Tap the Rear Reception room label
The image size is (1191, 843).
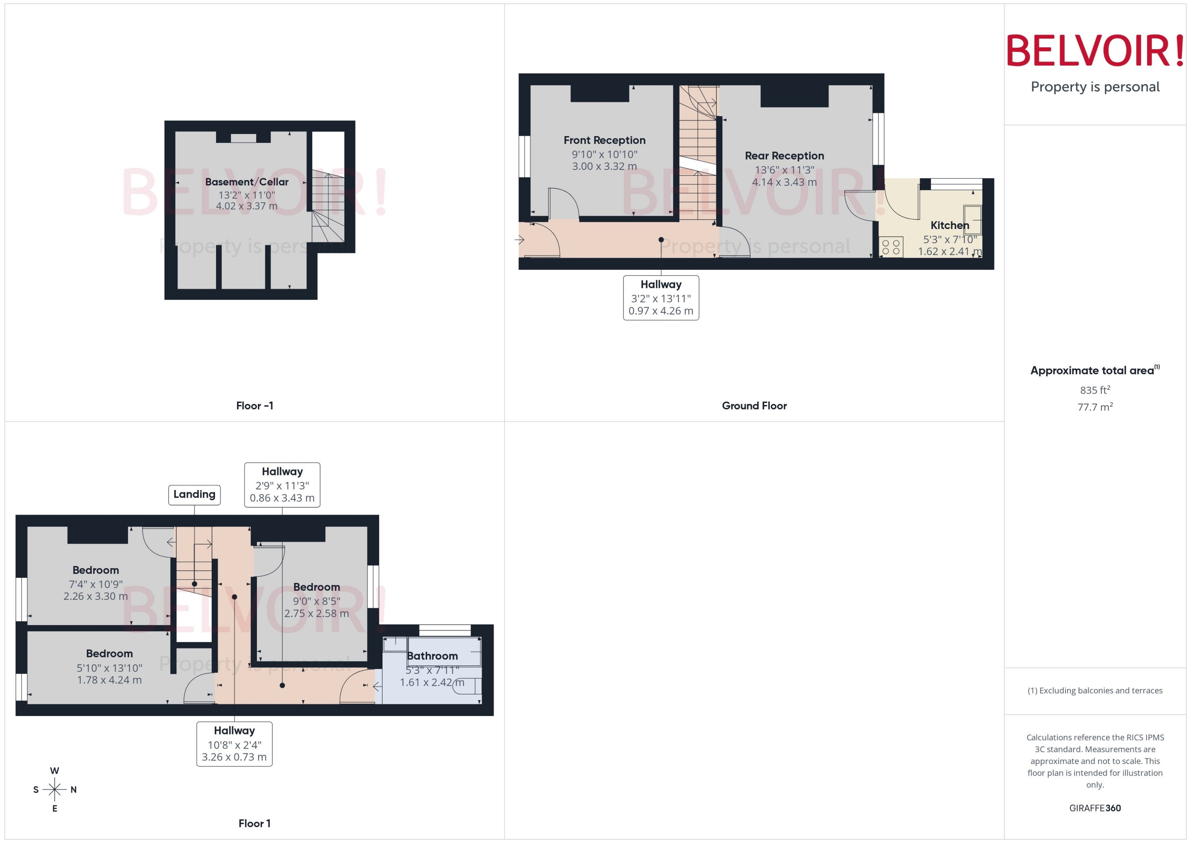tap(784, 156)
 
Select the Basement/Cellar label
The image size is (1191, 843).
tap(246, 182)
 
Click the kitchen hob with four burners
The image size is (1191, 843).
tap(891, 247)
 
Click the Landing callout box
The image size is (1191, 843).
tap(194, 494)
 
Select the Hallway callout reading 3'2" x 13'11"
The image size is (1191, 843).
tap(660, 297)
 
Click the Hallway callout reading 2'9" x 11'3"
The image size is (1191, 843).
tap(282, 485)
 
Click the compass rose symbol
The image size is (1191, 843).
tap(54, 790)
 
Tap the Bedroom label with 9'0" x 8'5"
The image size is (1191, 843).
tap(316, 587)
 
